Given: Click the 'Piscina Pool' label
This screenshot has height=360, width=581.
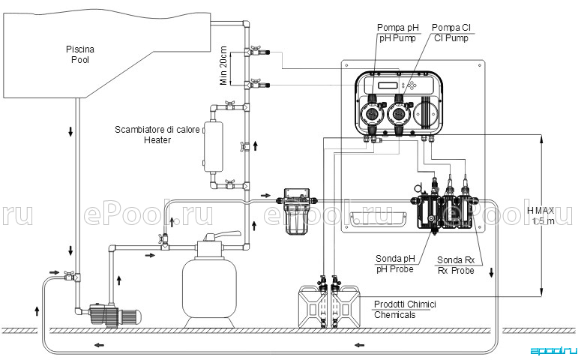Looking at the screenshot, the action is pos(80,55).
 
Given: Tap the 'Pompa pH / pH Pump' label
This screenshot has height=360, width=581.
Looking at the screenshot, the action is pos(397,33).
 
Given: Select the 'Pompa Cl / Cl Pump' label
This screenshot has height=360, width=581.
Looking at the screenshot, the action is pos(451,33).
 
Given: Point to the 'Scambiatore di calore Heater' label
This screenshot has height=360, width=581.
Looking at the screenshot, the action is pos(157,135).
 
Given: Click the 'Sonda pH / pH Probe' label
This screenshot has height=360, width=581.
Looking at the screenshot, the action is pos(395,263).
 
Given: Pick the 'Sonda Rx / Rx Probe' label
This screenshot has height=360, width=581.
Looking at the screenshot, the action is pos(456,265).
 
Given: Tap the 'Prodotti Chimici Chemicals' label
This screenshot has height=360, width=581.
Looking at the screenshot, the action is pos(405,310).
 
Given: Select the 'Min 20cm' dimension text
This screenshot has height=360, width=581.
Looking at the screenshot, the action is pos(223,66).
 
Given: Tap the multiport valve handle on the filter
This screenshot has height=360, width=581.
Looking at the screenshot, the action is pos(224,235).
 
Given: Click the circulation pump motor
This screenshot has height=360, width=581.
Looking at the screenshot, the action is pos(130,316).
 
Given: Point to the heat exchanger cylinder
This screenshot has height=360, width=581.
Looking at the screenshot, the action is pos(213,147).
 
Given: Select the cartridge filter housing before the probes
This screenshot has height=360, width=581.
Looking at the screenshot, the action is pos(296,211).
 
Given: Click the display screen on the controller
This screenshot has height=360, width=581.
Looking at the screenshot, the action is pos(388,85).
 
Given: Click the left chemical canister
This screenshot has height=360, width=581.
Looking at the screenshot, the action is pos(313,307).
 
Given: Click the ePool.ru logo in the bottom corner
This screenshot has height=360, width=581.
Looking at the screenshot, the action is pos(554,351).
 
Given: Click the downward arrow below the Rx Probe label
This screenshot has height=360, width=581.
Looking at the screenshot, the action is pos(491,272).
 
